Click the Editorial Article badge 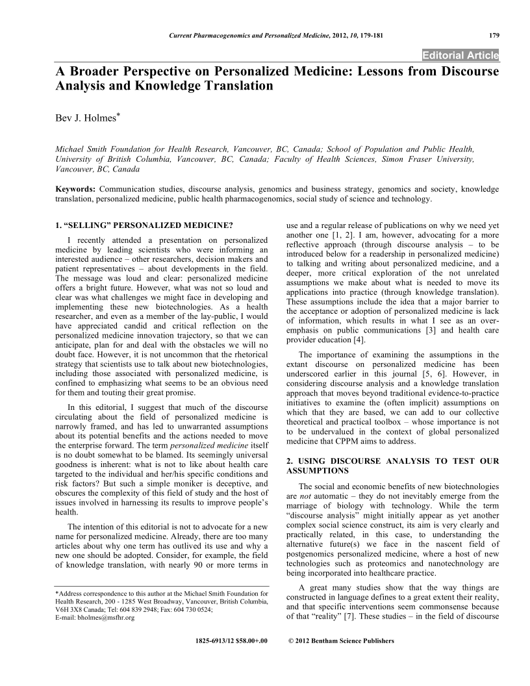click(460, 54)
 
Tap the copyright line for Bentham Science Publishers click(341, 641)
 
